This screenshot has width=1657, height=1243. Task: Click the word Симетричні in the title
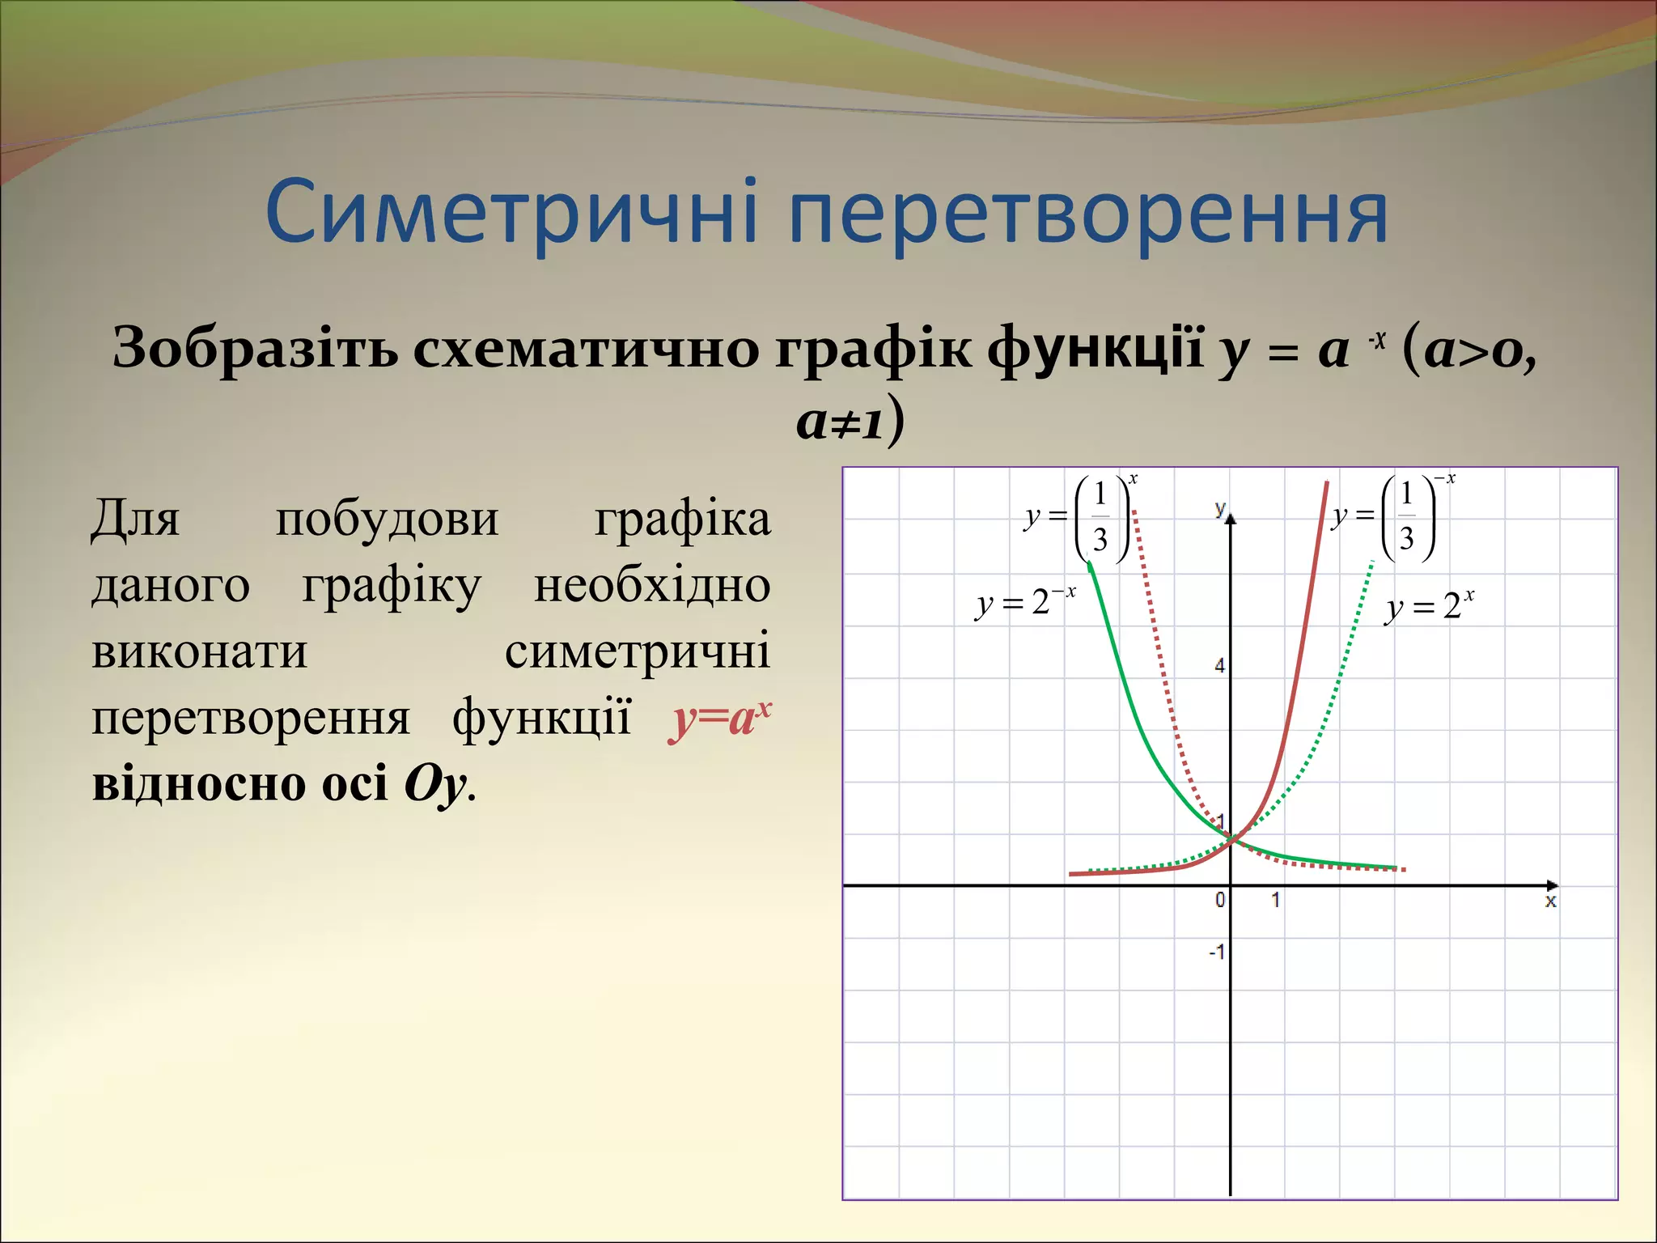point(511,213)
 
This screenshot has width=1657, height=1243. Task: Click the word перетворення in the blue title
point(1087,214)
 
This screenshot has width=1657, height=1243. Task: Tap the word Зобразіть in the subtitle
point(254,348)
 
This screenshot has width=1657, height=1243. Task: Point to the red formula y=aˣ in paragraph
point(719,718)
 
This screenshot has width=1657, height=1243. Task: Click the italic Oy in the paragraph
point(434,784)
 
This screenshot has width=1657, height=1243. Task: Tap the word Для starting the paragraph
point(135,518)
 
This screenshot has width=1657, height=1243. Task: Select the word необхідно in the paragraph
point(651,585)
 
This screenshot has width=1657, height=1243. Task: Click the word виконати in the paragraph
point(199,651)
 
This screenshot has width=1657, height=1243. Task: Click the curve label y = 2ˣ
point(1429,606)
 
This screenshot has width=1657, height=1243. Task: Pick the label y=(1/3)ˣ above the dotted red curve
point(1079,518)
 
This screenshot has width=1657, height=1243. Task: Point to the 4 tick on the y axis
point(1219,666)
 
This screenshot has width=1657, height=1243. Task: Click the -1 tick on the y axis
point(1216,952)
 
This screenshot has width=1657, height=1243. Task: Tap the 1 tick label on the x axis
point(1275,900)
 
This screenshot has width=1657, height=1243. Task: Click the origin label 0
point(1220,900)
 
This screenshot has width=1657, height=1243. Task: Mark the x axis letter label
point(1550,901)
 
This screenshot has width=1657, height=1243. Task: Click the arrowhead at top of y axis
point(1231,518)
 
